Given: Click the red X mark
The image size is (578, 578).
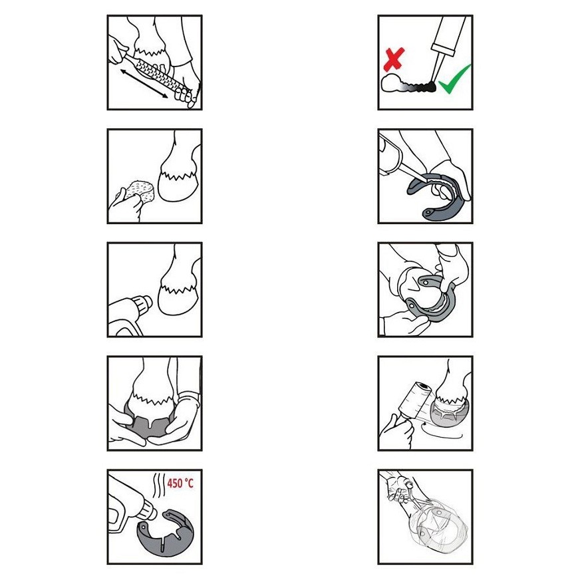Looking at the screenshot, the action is (394, 59).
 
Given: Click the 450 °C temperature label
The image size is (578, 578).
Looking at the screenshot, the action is (180, 483).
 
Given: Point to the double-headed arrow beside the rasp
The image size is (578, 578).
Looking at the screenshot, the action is (144, 84).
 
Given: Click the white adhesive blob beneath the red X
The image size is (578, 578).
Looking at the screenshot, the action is (390, 83).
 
